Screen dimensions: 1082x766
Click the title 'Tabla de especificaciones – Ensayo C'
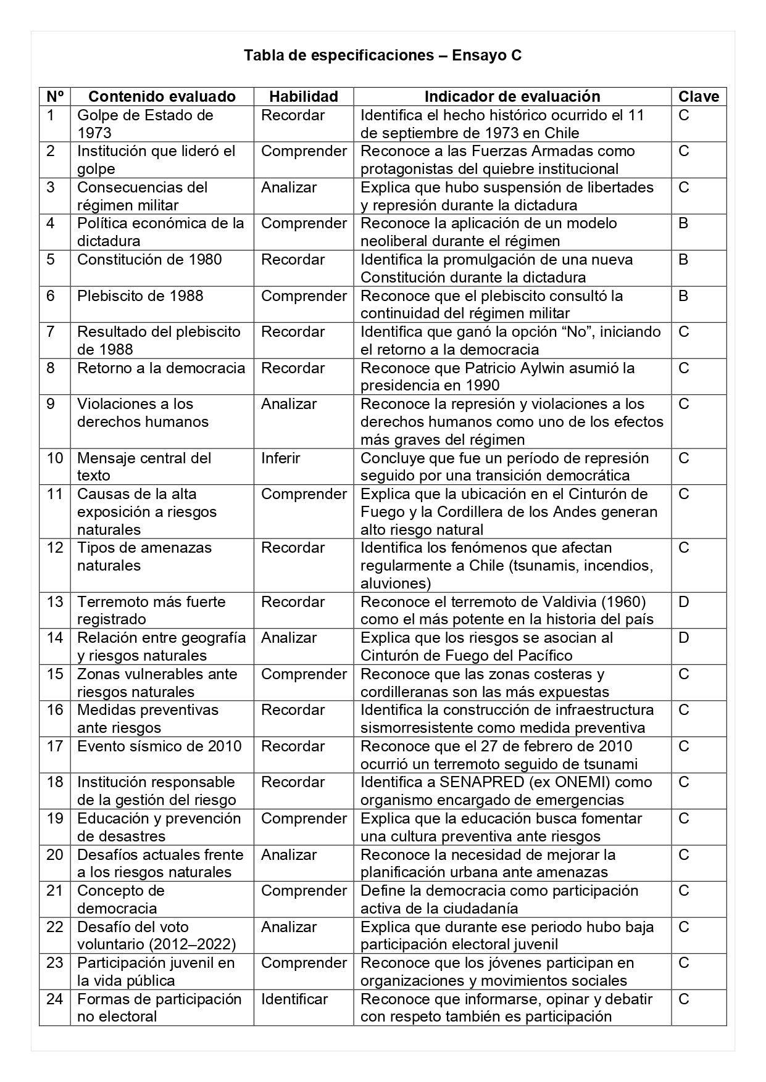(x=382, y=56)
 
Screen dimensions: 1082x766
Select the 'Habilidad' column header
(x=304, y=97)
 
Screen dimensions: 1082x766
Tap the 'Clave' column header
(x=699, y=97)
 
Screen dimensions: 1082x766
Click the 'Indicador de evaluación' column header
(x=512, y=97)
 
